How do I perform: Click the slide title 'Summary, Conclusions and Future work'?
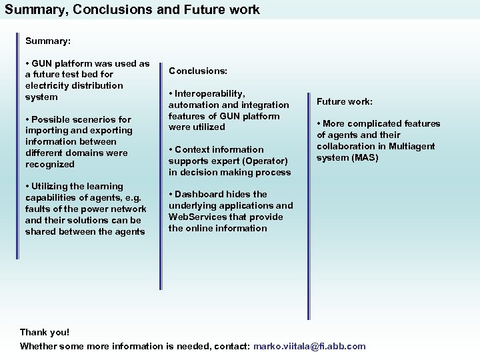132,10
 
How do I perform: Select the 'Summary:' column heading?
48,41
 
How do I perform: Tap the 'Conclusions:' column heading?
198,70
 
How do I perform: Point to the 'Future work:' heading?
345,102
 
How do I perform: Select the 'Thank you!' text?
45,332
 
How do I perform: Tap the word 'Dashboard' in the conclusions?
201,194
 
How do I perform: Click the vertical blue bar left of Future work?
309,200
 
